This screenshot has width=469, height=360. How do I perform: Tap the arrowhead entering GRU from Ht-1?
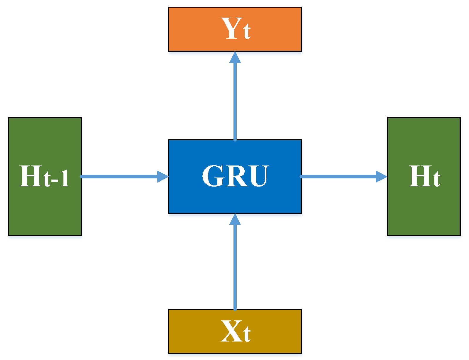pos(163,177)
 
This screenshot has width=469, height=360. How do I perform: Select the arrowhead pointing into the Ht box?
pos(381,177)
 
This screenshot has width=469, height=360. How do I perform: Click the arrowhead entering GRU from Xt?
pos(235,219)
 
